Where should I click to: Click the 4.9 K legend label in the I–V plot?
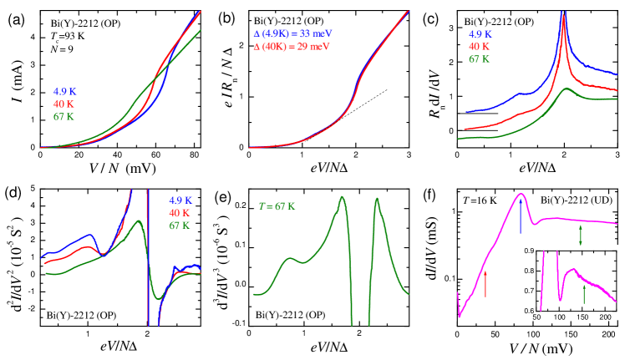67,91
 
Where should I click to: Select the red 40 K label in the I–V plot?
64,104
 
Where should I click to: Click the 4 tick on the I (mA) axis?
33,38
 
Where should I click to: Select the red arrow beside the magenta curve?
485,284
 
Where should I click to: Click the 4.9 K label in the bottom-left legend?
181,200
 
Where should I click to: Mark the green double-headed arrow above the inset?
580,237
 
